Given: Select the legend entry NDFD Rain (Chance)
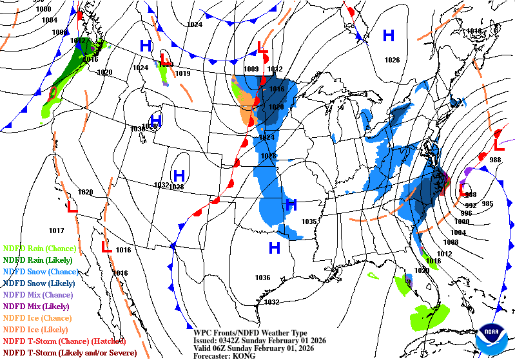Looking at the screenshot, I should pos(39,248).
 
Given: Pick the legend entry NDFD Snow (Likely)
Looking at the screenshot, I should pos(39,283).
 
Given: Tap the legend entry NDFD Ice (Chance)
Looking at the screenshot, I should pos(38,317).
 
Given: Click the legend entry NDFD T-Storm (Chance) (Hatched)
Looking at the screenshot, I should pos(64,341).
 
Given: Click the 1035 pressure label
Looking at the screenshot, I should pos(309,222).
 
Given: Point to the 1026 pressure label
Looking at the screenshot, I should pos(391,60).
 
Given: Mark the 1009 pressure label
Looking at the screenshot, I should pos(251,69).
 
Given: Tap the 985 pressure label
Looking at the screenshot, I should pos(487,204).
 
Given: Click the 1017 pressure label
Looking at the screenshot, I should pos(56,230).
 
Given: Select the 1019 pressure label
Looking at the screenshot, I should pos(183,74).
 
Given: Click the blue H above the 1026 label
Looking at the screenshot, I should pos(389,35).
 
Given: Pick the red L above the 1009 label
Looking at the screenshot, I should pos(262,47).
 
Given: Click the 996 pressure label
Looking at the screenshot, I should pos(466,213).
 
